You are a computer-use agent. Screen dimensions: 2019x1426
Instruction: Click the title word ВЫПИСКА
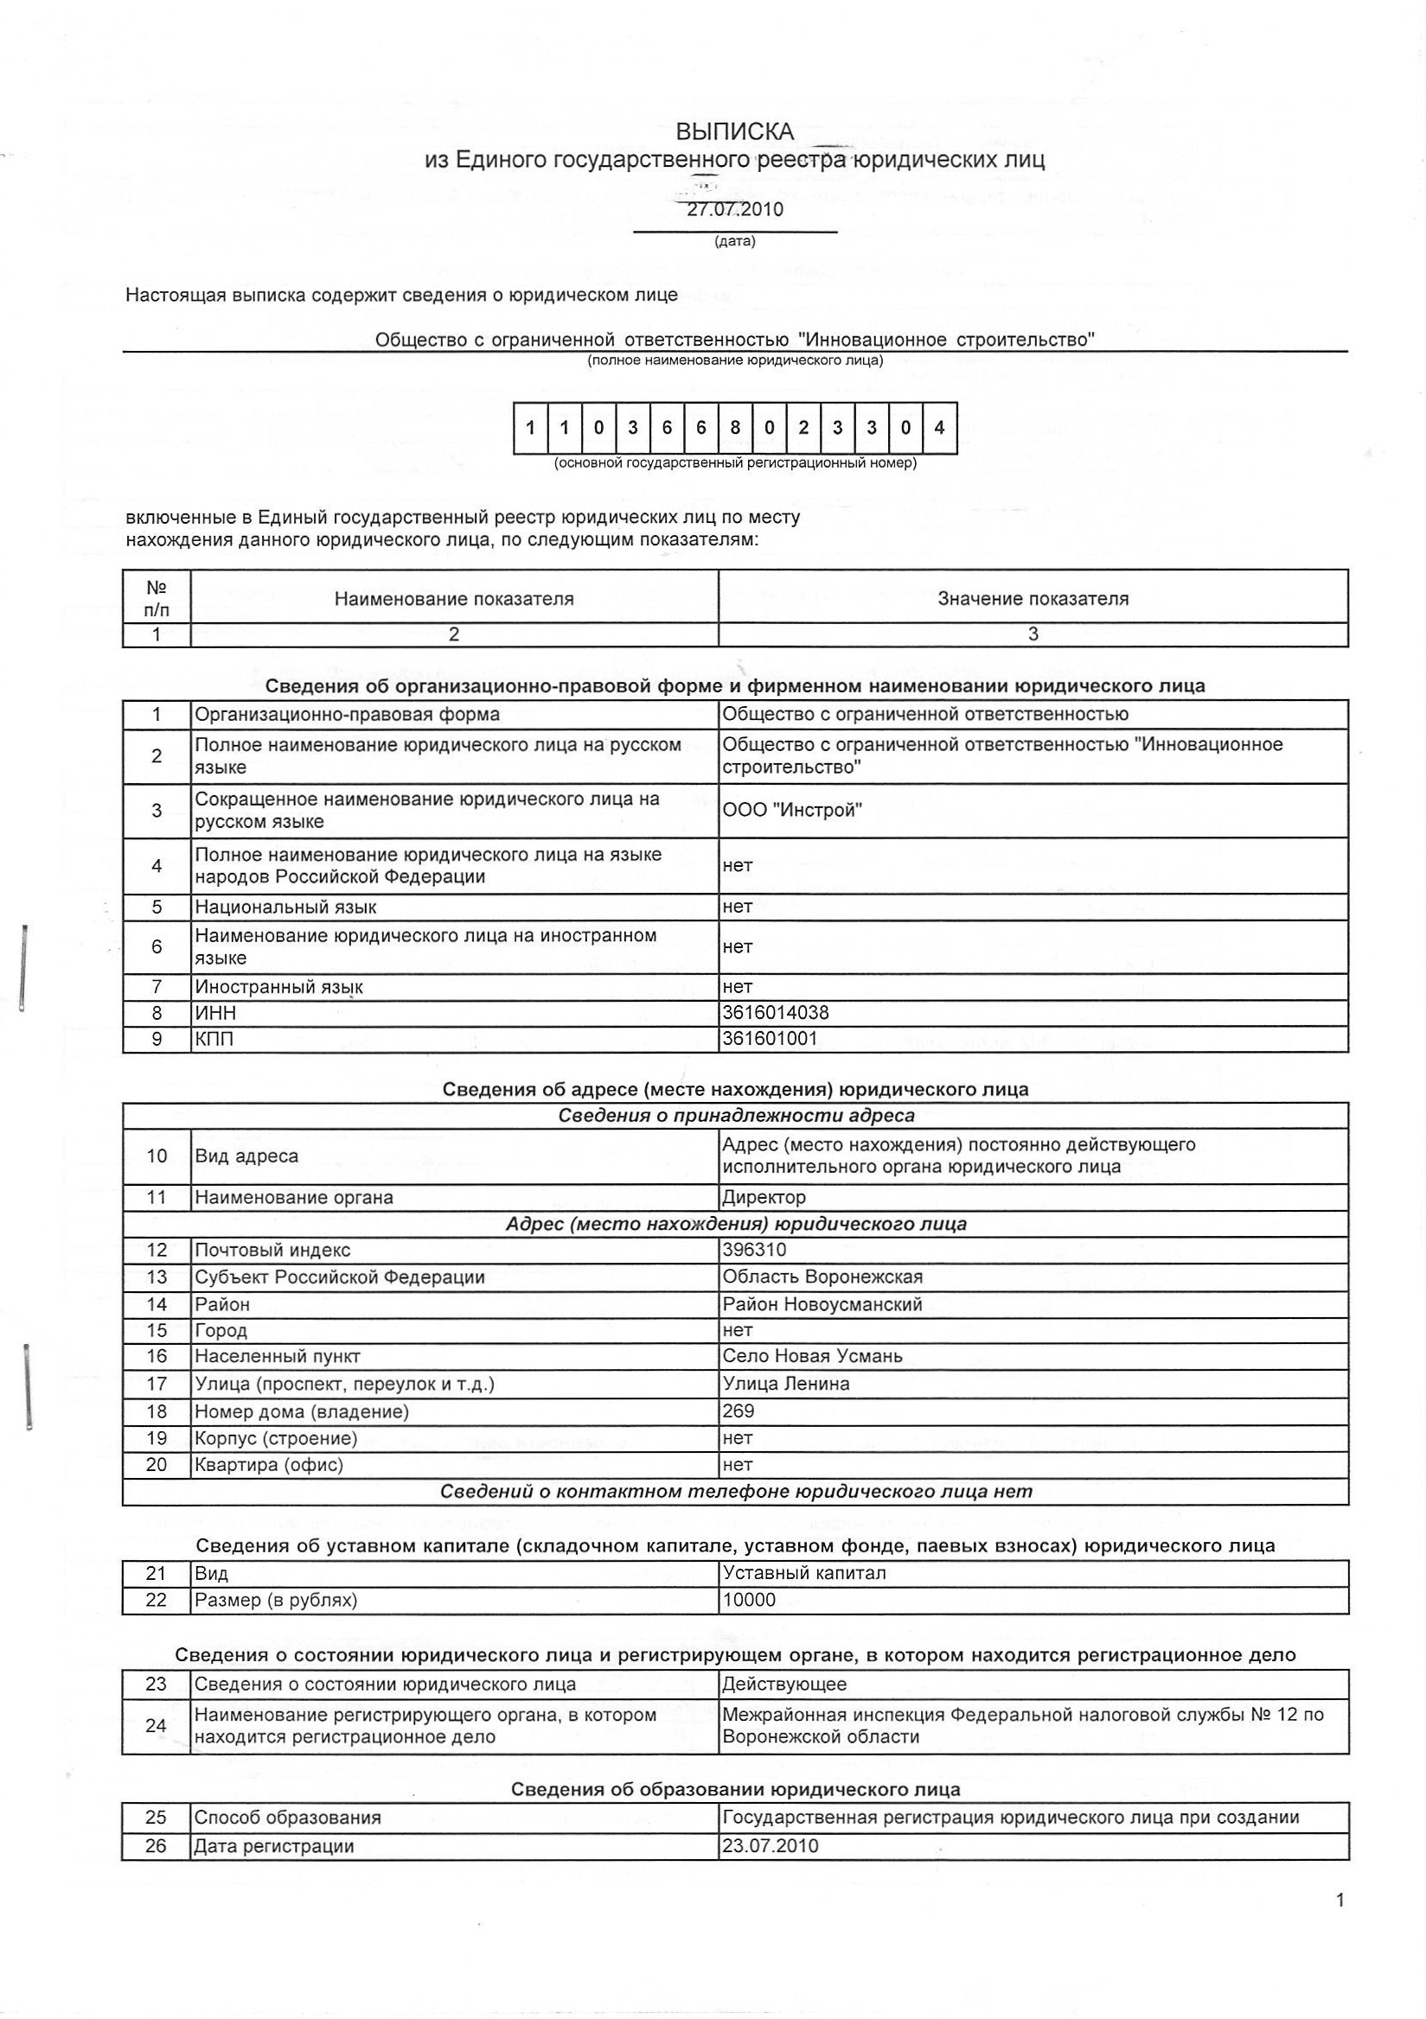(734, 132)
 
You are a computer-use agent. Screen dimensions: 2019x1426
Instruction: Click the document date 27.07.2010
(734, 210)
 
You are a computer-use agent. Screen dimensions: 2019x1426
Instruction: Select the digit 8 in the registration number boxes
(734, 428)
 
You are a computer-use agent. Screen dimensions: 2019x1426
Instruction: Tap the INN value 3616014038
(775, 1013)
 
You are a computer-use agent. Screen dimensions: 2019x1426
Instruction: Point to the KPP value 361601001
(770, 1039)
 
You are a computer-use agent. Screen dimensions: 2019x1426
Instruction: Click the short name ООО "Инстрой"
(792, 810)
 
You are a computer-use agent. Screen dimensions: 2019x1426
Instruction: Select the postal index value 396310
(754, 1250)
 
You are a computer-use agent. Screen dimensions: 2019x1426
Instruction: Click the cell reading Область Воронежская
(822, 1277)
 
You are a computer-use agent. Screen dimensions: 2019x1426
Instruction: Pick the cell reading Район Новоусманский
(822, 1304)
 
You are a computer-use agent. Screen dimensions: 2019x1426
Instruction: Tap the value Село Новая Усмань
(812, 1356)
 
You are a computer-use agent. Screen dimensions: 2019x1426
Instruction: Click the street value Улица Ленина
(785, 1383)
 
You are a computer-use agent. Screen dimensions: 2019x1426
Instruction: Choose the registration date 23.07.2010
(770, 1846)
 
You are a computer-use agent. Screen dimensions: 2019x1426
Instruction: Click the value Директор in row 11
(764, 1197)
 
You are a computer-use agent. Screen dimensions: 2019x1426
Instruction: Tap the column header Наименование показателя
(453, 599)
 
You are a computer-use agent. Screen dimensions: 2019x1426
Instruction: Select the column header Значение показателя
(1033, 599)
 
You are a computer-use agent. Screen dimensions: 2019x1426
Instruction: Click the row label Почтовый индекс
(272, 1250)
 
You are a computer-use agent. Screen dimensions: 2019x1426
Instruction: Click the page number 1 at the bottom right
(1340, 1901)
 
